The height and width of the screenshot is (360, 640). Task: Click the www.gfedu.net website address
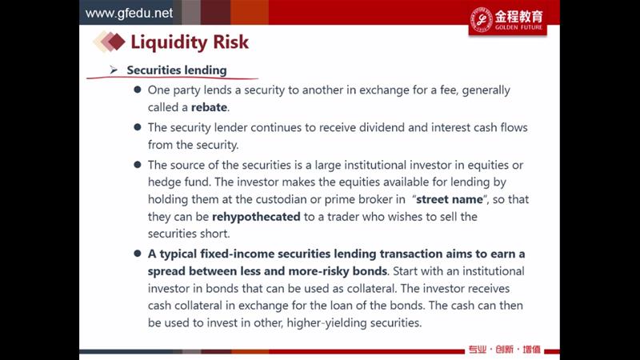pyautogui.click(x=129, y=13)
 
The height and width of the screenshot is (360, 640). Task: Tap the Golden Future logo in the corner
pyautogui.click(x=507, y=20)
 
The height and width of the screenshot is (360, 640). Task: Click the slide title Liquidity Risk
pyautogui.click(x=190, y=42)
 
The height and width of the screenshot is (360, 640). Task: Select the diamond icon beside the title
pyautogui.click(x=109, y=42)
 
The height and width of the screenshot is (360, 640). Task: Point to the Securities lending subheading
pyautogui.click(x=177, y=70)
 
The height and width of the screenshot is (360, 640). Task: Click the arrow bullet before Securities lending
pyautogui.click(x=114, y=70)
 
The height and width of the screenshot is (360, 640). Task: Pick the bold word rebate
pyautogui.click(x=209, y=107)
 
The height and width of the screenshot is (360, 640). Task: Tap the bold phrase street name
pyautogui.click(x=450, y=199)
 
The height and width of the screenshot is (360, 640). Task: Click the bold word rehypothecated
pyautogui.click(x=256, y=216)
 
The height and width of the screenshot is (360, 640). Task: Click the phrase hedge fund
pyautogui.click(x=178, y=182)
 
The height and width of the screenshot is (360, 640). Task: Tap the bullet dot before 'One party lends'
pyautogui.click(x=138, y=90)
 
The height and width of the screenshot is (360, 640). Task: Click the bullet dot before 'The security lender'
pyautogui.click(x=138, y=127)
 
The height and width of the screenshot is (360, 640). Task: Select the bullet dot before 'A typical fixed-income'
pyautogui.click(x=138, y=254)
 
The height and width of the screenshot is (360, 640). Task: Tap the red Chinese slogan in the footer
pyautogui.click(x=504, y=350)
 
